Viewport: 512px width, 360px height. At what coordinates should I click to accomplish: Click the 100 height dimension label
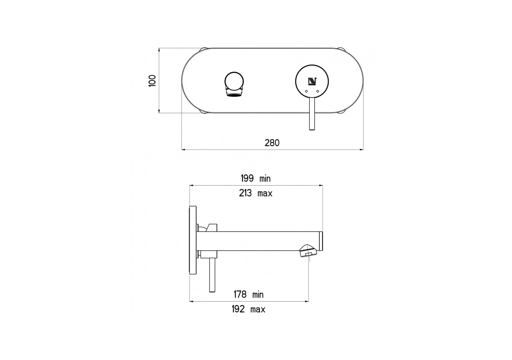tap(152, 81)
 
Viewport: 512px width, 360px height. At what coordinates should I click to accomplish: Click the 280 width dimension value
tap(272, 143)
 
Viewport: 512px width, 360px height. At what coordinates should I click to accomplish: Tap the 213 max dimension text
tap(256, 194)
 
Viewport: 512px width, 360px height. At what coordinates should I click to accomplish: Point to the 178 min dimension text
tap(248, 295)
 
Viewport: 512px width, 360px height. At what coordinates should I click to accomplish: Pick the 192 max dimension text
tap(248, 310)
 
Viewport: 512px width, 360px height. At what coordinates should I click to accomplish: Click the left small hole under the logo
tap(306, 92)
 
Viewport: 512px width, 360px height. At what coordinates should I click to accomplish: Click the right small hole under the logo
tap(318, 92)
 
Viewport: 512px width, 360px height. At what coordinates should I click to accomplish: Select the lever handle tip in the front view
tap(312, 127)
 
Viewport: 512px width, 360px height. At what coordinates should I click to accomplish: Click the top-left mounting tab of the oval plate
tap(203, 49)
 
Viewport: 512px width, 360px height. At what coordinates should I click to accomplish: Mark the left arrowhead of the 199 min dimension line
tap(191, 186)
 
